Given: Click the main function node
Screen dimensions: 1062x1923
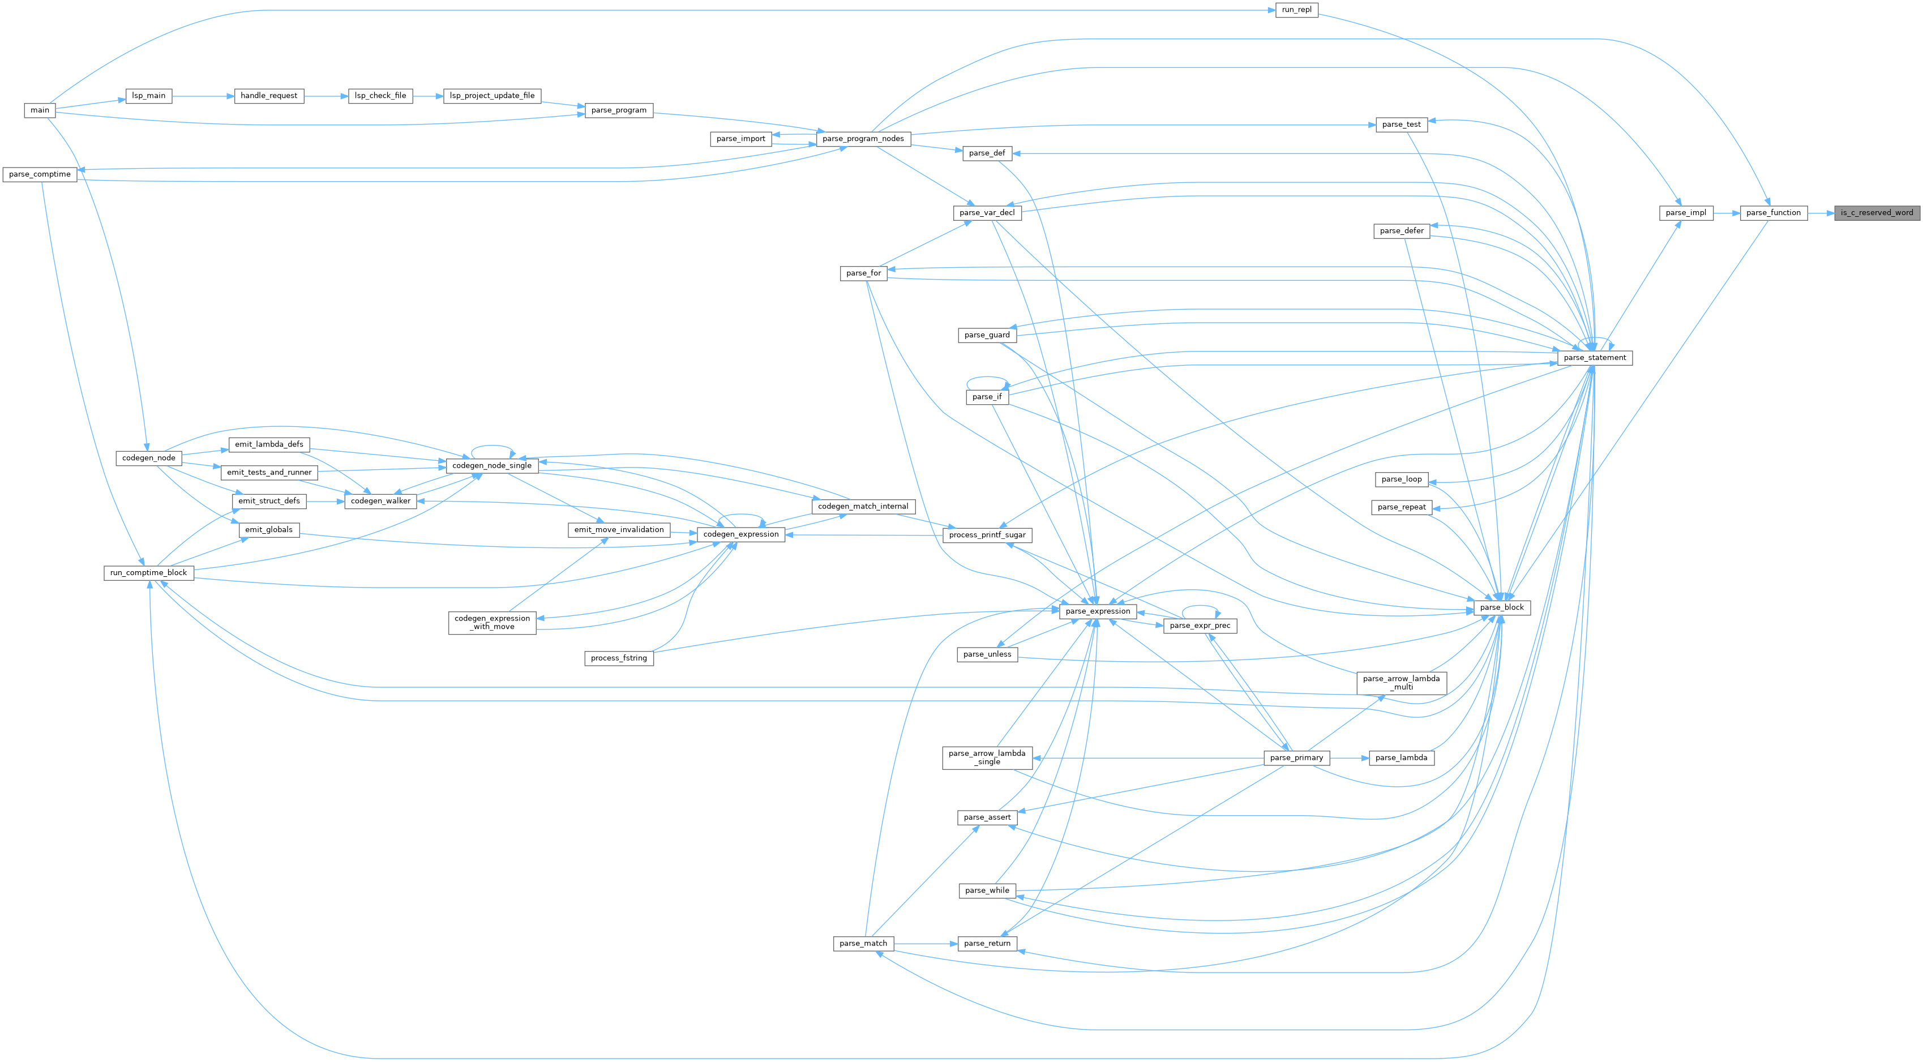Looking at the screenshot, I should pyautogui.click(x=40, y=110).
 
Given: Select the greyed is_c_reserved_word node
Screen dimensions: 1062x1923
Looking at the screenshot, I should pyautogui.click(x=1877, y=213).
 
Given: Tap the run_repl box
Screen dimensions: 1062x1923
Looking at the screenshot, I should pyautogui.click(x=1296, y=10).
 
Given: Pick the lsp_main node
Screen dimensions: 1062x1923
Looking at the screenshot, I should pyautogui.click(x=148, y=96).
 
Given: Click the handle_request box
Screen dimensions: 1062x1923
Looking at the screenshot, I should pyautogui.click(x=269, y=96).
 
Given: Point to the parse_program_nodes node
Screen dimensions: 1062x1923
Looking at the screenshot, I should pyautogui.click(x=862, y=139).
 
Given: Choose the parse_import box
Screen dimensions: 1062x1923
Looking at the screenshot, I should pyautogui.click(x=740, y=139).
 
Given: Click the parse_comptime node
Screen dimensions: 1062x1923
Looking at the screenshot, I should pyautogui.click(x=40, y=174).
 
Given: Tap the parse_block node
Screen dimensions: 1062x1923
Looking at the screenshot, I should pyautogui.click(x=1502, y=607).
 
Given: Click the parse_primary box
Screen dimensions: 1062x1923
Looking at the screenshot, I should pyautogui.click(x=1296, y=758).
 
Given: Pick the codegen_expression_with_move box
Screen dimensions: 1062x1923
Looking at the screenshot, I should pyautogui.click(x=492, y=622).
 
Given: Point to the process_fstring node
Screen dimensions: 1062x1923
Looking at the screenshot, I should pyautogui.click(x=618, y=658).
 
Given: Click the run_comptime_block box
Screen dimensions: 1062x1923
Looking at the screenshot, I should pyautogui.click(x=148, y=573).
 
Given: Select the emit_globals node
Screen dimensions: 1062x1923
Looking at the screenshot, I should pyautogui.click(x=269, y=530).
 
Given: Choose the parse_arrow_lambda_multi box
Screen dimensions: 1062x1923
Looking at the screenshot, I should pyautogui.click(x=1401, y=683).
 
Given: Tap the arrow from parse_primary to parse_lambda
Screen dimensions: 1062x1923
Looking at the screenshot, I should pyautogui.click(x=1349, y=758).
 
